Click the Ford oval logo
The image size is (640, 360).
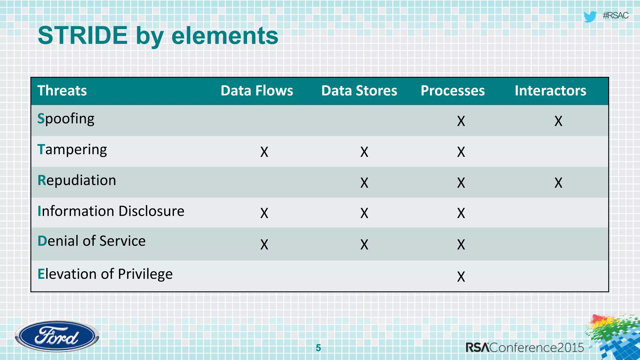pos(57,336)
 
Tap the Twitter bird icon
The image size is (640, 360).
pos(590,17)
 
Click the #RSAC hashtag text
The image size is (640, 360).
pos(615,16)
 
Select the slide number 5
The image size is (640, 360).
pos(318,347)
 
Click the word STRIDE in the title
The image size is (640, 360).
pos(82,36)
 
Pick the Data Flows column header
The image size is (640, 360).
pos(257,91)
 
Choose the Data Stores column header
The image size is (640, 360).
pos(359,91)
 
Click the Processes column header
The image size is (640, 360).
pos(452,91)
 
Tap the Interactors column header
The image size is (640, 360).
pos(550,91)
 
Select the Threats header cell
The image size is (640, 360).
pos(62,91)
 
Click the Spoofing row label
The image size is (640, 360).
pos(66,119)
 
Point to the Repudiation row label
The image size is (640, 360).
pos(77,180)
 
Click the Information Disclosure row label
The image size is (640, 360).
pos(111,211)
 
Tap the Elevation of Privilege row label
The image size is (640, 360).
pos(105,274)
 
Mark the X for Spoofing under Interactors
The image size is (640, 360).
pos(558,121)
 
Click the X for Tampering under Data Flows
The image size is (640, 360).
pos(264,152)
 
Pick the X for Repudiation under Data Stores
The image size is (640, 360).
pos(364,182)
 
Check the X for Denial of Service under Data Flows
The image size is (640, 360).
pos(264,244)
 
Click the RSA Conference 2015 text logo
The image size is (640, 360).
pos(524,347)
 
